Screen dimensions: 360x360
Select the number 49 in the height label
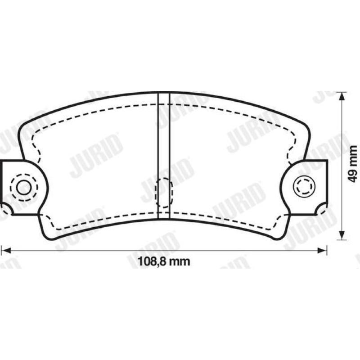point(354,173)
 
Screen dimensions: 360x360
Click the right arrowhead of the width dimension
point(323,249)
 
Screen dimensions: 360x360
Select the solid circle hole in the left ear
point(22,187)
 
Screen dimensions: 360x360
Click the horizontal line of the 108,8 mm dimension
point(90,249)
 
